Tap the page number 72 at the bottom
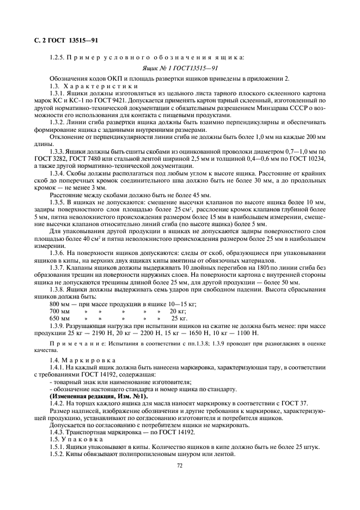tap(179, 466)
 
